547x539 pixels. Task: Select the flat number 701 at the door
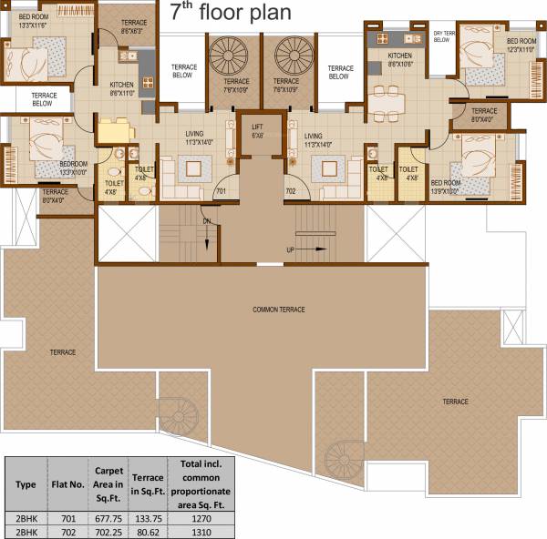tap(220, 192)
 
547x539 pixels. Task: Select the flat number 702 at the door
tap(291, 192)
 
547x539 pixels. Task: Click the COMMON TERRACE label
tap(279, 310)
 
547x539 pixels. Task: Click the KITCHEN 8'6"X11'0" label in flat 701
tap(123, 89)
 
